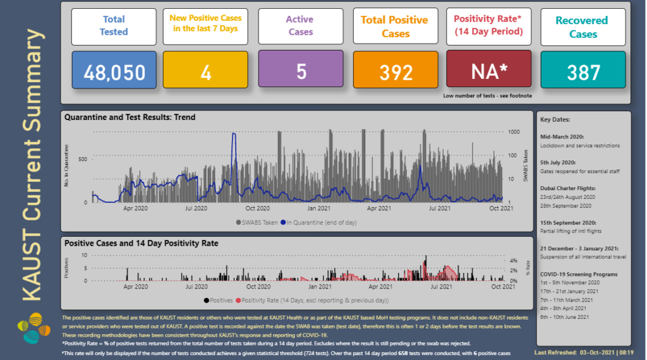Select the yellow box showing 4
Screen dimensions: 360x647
point(205,71)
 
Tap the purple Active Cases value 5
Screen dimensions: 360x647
point(301,71)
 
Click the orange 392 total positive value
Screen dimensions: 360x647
point(395,71)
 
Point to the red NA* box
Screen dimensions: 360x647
point(489,71)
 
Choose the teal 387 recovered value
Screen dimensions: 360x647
point(583,71)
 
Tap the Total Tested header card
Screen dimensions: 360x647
point(114,26)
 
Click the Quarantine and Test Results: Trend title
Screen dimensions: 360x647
point(130,117)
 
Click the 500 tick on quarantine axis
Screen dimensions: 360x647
point(82,159)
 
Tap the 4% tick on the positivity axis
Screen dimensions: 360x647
point(514,260)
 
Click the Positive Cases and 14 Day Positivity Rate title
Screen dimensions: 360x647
point(141,243)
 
